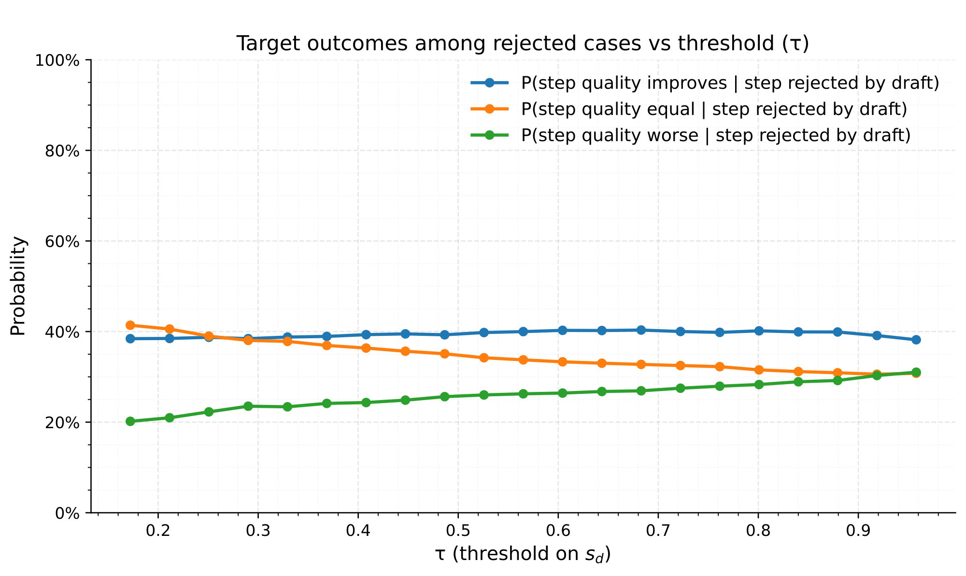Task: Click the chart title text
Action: [x=522, y=44]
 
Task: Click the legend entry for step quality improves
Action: [x=730, y=83]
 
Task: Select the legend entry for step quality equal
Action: [x=714, y=109]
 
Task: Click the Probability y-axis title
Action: [x=18, y=286]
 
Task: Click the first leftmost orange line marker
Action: [x=130, y=325]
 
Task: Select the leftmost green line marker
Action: [x=130, y=421]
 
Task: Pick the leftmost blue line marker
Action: [x=130, y=339]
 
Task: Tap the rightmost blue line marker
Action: [x=916, y=340]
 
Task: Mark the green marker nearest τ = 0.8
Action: [x=759, y=385]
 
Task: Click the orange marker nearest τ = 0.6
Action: [x=562, y=362]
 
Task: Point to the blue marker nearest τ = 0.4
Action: [x=366, y=335]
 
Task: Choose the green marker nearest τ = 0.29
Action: [x=248, y=406]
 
